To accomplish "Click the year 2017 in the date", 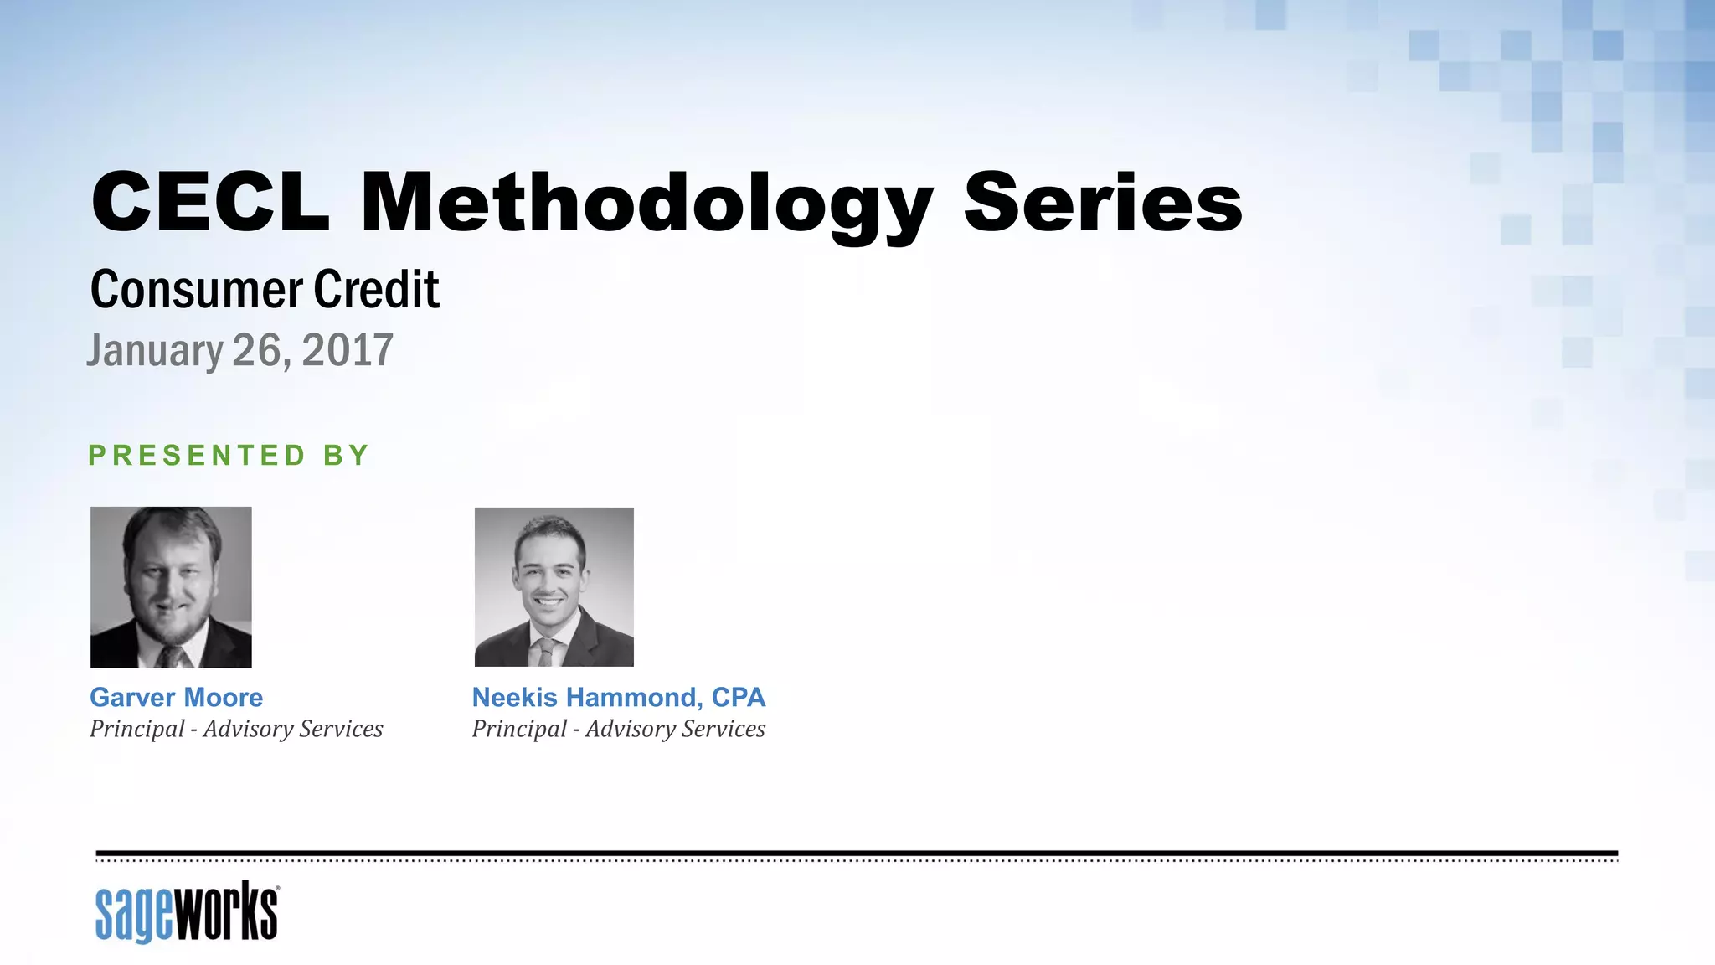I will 348,350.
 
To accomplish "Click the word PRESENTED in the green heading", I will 198,456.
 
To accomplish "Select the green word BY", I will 347,456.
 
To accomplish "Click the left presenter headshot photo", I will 171,586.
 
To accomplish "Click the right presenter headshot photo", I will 554,586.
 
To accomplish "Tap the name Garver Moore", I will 177,697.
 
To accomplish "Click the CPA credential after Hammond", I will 738,697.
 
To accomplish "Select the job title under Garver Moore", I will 236,729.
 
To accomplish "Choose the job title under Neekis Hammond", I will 619,729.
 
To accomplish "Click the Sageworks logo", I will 187,912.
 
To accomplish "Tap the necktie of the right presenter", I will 546,651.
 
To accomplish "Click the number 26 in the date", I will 255,350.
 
